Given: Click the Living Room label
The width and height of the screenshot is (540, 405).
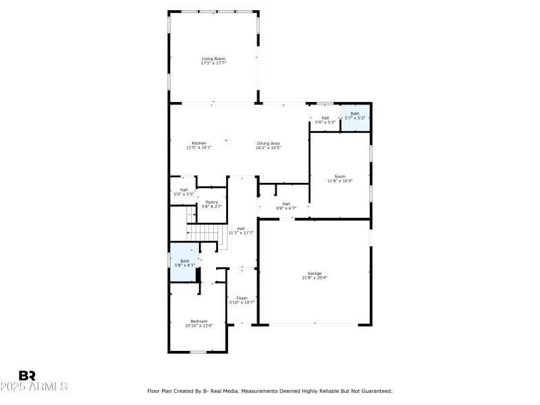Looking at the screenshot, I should click(213, 59).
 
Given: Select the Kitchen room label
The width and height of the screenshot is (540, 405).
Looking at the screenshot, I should click(199, 143).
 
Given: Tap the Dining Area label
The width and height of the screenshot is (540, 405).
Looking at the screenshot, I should click(268, 143).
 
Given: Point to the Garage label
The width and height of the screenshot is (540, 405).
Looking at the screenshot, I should click(315, 273).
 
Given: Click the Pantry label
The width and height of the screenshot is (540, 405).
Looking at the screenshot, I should click(211, 202).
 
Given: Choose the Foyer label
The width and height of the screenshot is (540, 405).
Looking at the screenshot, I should click(241, 298).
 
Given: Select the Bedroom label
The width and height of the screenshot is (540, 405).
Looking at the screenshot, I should click(198, 321).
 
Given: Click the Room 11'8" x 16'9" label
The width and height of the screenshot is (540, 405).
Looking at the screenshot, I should click(340, 177).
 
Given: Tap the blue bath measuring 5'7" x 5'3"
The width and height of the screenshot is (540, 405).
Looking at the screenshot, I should click(355, 116).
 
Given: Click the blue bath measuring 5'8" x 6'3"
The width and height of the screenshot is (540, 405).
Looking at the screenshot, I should click(184, 263).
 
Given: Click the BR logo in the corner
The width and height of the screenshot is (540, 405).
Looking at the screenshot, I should click(27, 375).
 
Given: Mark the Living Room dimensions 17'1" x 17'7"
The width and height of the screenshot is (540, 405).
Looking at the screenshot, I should click(213, 63).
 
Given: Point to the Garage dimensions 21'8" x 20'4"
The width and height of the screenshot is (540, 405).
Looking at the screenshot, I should click(315, 277).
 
